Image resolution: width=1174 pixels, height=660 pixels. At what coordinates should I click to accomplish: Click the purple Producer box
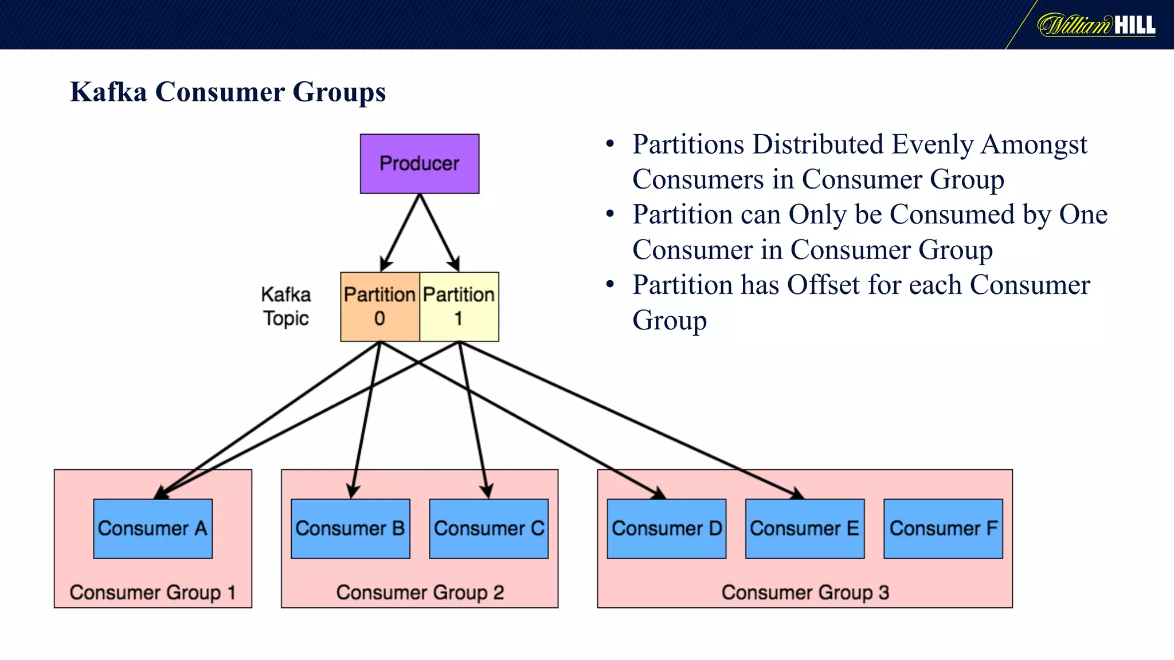(419, 164)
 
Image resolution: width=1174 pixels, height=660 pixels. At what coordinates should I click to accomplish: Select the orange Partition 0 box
(379, 307)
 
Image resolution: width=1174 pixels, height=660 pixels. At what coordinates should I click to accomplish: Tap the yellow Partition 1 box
(459, 307)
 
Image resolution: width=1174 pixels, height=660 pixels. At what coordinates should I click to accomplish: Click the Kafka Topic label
(285, 307)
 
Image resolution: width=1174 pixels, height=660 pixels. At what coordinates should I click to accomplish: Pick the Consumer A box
(152, 528)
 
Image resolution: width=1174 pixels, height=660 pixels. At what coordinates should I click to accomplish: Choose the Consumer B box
(350, 528)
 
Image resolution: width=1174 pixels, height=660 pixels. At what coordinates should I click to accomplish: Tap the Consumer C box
(488, 528)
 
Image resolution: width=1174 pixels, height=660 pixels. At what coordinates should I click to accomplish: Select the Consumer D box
(666, 528)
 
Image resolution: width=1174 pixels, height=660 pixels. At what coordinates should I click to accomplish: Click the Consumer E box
(804, 528)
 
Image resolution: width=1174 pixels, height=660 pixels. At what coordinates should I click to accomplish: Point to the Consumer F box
(943, 528)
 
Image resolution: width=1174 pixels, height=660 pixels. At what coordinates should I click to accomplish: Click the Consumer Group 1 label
(152, 592)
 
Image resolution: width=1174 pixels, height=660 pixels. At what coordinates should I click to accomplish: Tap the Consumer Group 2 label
(420, 592)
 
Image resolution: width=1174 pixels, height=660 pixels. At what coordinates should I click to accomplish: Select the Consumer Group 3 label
(805, 592)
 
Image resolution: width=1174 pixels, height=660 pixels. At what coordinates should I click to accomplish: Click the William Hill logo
(1095, 25)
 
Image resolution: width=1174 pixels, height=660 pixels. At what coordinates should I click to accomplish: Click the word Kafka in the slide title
(108, 92)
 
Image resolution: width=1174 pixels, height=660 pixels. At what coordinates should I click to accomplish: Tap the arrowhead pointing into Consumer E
(797, 493)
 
